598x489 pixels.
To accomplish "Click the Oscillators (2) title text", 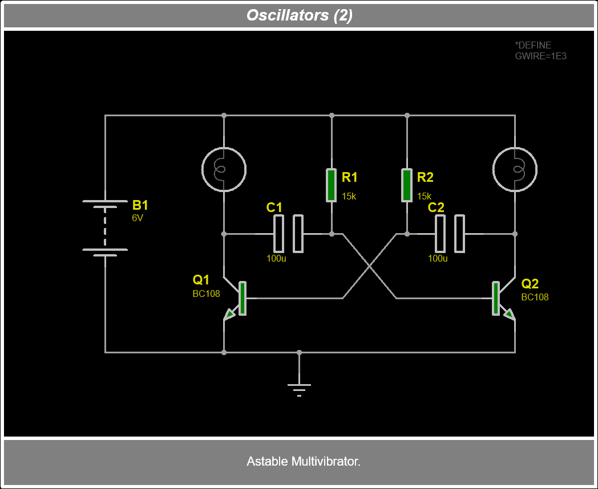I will click(299, 15).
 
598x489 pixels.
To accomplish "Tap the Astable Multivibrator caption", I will click(303, 461).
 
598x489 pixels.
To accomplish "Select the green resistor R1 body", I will click(332, 185).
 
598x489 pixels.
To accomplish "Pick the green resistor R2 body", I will click(407, 185).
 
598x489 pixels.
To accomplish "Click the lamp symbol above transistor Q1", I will click(224, 169).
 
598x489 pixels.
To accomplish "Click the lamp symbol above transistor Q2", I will click(515, 169).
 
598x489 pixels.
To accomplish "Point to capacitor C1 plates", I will click(288, 234).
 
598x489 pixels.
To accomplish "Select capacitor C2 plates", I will click(450, 234).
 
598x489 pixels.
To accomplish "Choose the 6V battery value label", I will click(138, 218).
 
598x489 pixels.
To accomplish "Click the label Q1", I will click(201, 280).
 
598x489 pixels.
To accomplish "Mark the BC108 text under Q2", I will click(535, 297).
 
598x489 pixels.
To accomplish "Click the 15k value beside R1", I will click(349, 196).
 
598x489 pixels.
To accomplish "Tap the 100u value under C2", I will click(438, 258).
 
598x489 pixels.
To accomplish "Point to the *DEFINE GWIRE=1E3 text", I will click(540, 51).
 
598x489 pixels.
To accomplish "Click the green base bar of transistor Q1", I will click(243, 298).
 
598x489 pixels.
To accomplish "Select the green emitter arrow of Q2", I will click(508, 313).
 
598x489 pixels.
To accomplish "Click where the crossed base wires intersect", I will click(369, 266).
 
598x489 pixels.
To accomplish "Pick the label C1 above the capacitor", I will click(274, 207).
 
